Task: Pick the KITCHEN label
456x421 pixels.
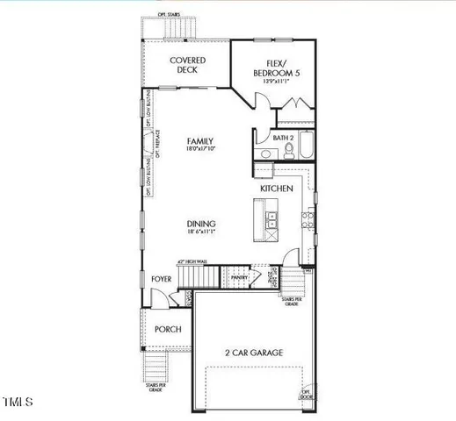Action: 276,189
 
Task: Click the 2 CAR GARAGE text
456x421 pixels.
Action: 252,353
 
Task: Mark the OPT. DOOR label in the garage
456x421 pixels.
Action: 308,394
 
